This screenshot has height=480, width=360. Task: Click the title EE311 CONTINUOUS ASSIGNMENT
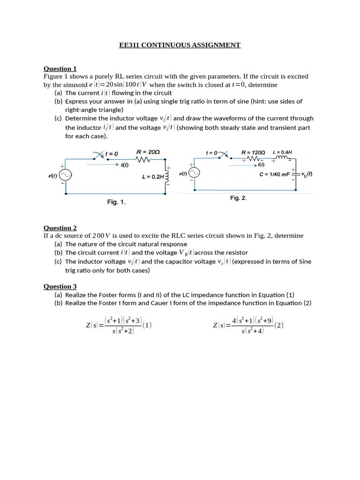point(180,45)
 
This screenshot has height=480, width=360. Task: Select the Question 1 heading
point(60,68)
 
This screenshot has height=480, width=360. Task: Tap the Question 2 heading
point(60,228)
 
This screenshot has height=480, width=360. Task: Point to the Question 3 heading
point(60,286)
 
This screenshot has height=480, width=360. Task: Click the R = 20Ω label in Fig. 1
point(148,152)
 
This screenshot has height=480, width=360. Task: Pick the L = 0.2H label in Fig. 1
point(153,177)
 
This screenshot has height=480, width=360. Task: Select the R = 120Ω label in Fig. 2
point(253,152)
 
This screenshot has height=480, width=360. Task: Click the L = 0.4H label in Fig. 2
point(283,152)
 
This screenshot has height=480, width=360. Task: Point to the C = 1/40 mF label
point(275,174)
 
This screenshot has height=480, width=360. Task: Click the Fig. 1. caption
point(116,202)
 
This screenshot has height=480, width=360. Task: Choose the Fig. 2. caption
point(238,198)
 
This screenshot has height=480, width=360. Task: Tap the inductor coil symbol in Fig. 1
point(166,177)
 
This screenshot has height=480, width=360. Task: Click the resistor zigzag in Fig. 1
point(142,160)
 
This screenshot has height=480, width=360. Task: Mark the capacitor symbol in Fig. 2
point(295,174)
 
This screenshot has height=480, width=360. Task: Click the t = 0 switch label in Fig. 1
point(112,153)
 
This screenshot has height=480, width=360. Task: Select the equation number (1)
point(147,325)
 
